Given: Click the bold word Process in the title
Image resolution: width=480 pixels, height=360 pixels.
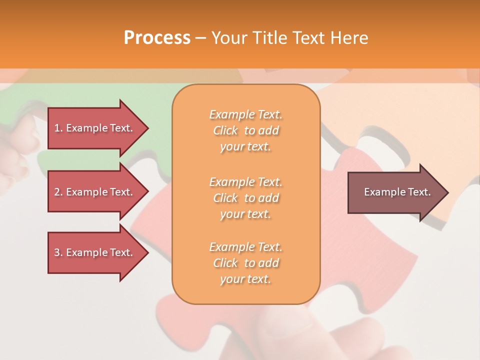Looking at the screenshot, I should click(x=157, y=38).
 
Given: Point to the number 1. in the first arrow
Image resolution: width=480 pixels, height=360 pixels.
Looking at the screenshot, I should click(x=58, y=128).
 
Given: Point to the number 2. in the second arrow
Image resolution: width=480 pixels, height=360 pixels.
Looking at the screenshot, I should click(x=58, y=192).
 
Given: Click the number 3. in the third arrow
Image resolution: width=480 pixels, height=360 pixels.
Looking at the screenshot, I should click(x=58, y=252).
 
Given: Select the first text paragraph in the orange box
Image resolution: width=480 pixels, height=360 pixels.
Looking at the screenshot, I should click(x=245, y=130).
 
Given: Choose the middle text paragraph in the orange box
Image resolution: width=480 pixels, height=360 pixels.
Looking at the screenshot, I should click(x=245, y=197).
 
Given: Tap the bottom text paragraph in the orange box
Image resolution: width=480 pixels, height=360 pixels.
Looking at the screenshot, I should click(x=245, y=263).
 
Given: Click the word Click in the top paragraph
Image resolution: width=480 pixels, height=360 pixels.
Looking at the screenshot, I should click(x=225, y=130).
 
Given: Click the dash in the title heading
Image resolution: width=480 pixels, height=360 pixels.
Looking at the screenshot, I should click(x=200, y=38).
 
